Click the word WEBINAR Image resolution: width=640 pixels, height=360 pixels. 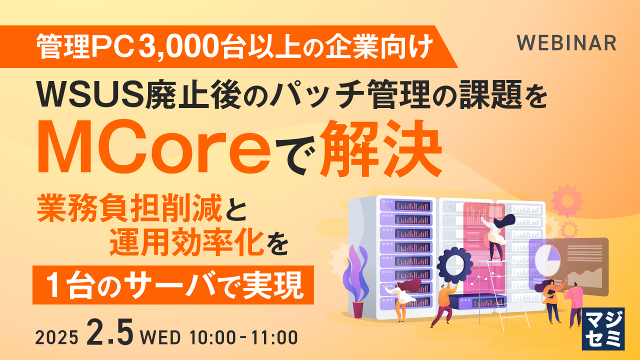[566, 43]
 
